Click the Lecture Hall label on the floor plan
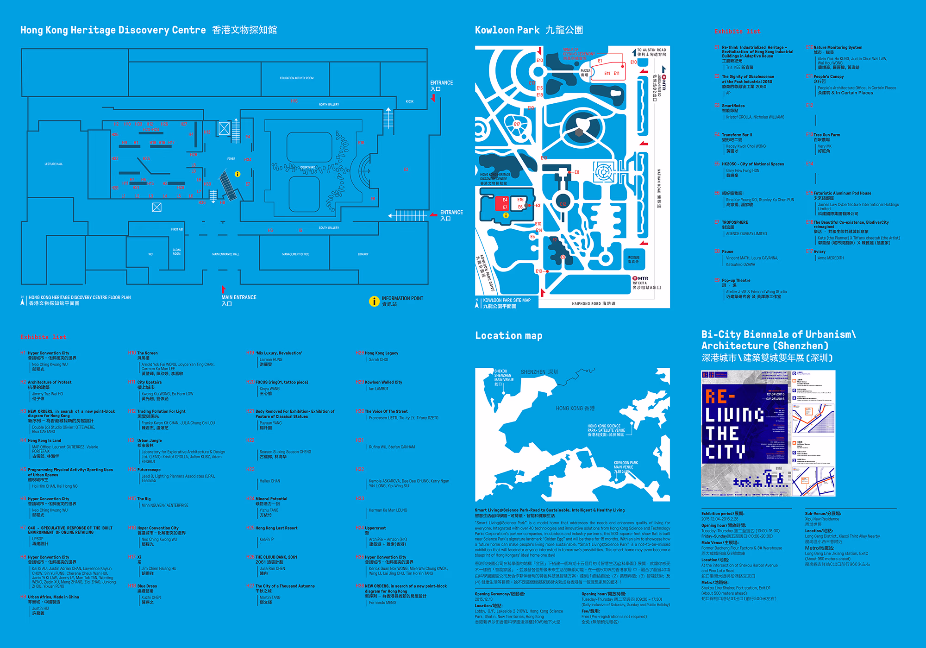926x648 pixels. [53, 164]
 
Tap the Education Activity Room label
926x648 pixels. [296, 78]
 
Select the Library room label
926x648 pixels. [363, 254]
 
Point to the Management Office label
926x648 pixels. [295, 254]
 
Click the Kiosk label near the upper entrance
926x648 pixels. [409, 101]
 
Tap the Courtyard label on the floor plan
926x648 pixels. [307, 167]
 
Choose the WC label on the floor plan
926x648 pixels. [150, 254]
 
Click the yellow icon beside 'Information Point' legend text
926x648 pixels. [374, 302]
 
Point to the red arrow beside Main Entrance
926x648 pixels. [223, 289]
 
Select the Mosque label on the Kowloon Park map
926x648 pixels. [633, 259]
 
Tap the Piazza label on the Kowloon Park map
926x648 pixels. [585, 73]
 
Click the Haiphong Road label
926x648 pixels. [594, 304]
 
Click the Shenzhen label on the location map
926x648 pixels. [539, 372]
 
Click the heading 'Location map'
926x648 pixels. [508, 336]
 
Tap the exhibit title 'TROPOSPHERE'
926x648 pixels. [735, 222]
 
